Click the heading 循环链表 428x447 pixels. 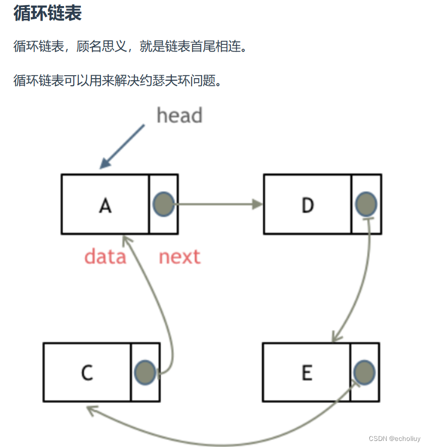click(x=47, y=14)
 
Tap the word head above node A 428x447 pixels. click(x=179, y=116)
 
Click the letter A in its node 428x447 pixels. click(x=105, y=205)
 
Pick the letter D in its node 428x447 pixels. click(x=307, y=205)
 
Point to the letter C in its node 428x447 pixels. click(x=87, y=373)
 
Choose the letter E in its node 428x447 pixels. click(x=307, y=373)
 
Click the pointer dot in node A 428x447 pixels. click(x=163, y=204)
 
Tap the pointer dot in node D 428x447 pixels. click(x=366, y=204)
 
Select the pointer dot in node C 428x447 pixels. click(x=145, y=372)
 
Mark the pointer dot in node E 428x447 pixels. click(x=364, y=372)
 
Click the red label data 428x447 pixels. click(x=105, y=257)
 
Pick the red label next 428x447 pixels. click(x=179, y=257)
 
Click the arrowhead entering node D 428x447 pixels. click(x=258, y=204)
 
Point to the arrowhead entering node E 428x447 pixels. click(x=335, y=337)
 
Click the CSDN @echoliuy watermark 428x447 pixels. click(x=394, y=438)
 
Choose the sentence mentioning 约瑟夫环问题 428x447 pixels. click(x=117, y=80)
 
